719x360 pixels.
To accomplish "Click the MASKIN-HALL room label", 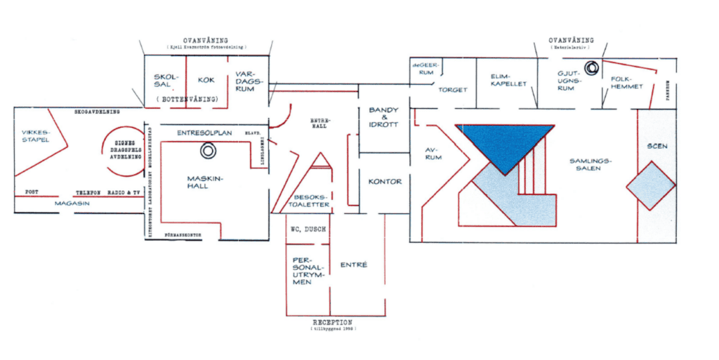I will [206, 182].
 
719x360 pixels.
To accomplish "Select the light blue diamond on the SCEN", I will [651, 185].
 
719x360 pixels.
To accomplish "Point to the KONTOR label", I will [385, 182].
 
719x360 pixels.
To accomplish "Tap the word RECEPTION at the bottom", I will [333, 323].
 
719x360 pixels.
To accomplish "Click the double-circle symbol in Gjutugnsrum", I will [592, 68].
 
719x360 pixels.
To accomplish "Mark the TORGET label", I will [453, 90].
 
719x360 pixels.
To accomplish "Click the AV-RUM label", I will [433, 153].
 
